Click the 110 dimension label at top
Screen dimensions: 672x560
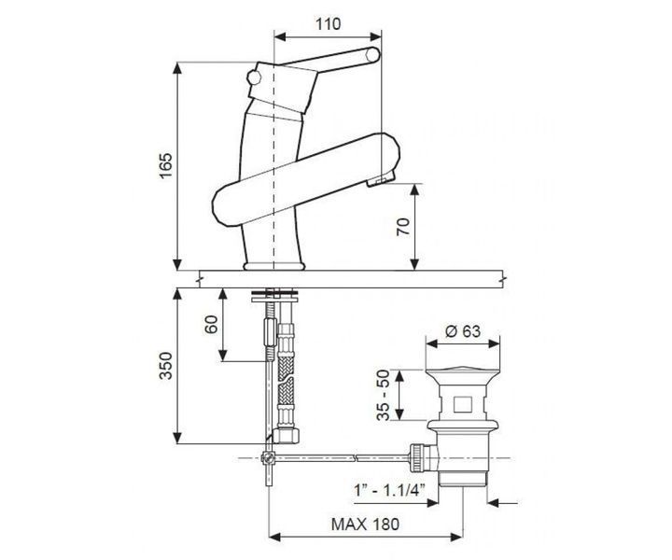coord(329,24)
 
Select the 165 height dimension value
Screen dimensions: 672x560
coord(165,166)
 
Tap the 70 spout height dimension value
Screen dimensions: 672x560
coord(403,227)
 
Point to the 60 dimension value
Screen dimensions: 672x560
coord(211,325)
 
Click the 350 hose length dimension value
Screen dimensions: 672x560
coord(165,366)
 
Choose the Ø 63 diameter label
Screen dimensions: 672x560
coord(463,331)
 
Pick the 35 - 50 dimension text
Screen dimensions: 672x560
coord(385,395)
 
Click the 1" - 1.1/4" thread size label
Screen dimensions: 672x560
coord(389,489)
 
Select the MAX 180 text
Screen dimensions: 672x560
coord(365,524)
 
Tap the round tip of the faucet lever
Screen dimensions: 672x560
coord(372,55)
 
